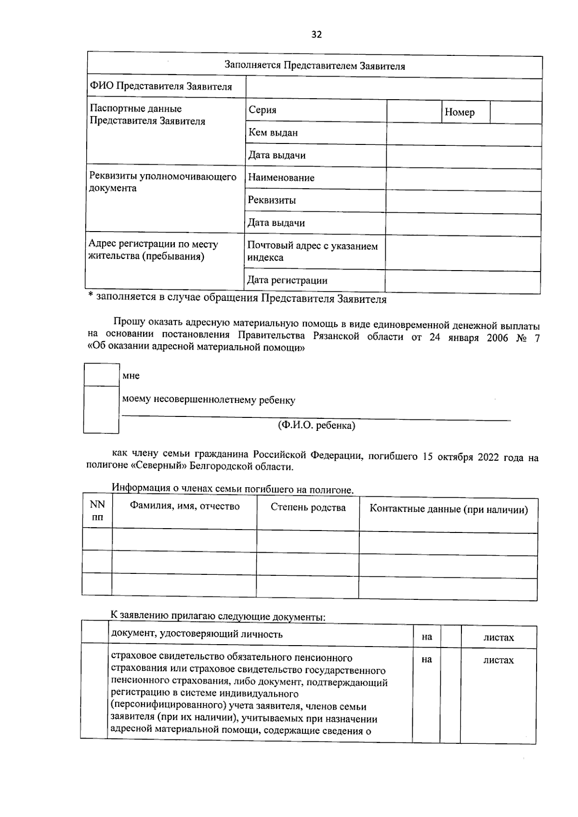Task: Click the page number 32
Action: click(316, 34)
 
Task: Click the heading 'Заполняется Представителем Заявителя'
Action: click(315, 66)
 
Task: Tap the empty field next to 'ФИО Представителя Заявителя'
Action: click(394, 89)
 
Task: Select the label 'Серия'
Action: click(263, 110)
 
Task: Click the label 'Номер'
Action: click(460, 112)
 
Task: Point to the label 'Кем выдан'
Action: click(273, 132)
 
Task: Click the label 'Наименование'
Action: click(281, 178)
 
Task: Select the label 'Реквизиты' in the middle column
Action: click(272, 200)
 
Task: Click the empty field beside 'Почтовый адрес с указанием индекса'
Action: click(462, 253)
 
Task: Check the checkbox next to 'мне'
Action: click(102, 375)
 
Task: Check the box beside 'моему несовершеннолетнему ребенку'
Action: click(101, 409)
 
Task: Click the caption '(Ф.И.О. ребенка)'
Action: click(316, 426)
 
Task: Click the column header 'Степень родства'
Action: click(308, 507)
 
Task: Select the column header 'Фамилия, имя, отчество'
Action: click(184, 506)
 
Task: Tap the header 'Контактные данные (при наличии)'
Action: click(448, 510)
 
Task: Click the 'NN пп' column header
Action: click(97, 511)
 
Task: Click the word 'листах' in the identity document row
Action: click(499, 637)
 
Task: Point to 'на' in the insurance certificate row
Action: click(426, 660)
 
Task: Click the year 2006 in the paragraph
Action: click(497, 337)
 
